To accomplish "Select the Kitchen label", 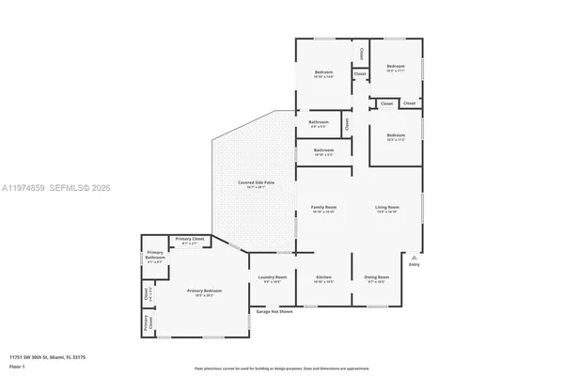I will [323, 278].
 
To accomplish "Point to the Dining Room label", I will [376, 278].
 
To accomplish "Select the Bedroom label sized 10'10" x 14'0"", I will [323, 73].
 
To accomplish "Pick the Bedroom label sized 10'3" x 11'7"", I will [395, 67].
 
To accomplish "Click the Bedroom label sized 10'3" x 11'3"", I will [395, 136].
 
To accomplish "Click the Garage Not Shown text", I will [274, 311].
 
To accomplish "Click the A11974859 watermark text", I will [28, 189].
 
